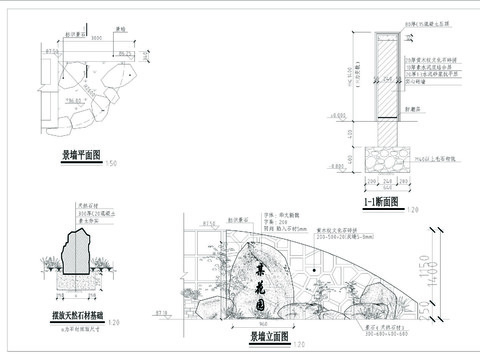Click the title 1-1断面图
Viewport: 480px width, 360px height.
(x=380, y=204)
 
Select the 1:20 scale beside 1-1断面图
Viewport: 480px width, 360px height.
(x=412, y=211)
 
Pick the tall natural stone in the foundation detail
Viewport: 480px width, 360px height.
(x=76, y=255)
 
